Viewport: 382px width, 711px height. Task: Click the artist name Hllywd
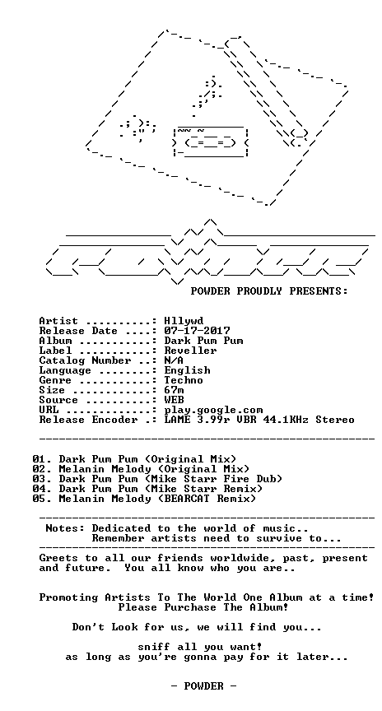point(184,322)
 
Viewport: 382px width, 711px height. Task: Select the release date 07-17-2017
point(197,331)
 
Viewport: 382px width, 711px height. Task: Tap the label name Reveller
point(190,351)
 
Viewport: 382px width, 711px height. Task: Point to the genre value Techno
point(184,380)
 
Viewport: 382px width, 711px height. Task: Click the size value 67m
point(175,390)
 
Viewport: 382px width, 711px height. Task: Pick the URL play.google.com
point(213,411)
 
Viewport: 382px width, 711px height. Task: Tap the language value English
point(187,370)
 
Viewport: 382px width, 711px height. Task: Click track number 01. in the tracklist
point(42,459)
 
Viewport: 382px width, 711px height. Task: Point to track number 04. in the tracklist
point(42,489)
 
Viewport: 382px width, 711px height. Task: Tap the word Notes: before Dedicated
point(65,528)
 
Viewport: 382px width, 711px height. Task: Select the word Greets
point(59,558)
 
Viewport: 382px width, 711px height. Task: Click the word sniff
point(154,647)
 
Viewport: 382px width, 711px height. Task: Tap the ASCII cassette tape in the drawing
point(211,142)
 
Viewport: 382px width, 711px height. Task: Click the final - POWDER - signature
point(203,686)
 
